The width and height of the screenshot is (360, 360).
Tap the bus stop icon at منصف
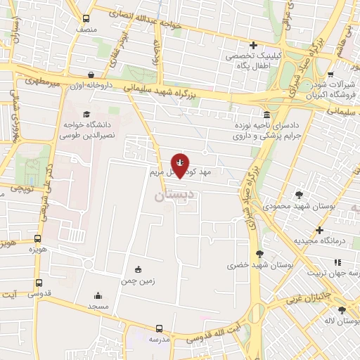tap(86, 19)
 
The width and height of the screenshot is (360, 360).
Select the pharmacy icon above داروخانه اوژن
tap(91, 74)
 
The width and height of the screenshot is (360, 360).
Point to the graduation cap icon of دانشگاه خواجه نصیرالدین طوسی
tap(86, 114)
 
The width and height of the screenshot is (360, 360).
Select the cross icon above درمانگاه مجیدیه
tap(319, 230)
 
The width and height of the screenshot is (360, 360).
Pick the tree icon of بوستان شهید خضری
tap(260, 253)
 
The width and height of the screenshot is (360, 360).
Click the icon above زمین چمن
tap(137, 269)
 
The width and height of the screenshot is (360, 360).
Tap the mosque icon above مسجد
tap(98, 296)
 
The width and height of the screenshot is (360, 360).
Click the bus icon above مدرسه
tap(159, 328)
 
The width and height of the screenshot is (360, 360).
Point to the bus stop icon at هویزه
tap(37, 238)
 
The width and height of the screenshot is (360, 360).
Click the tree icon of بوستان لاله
tap(342, 310)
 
